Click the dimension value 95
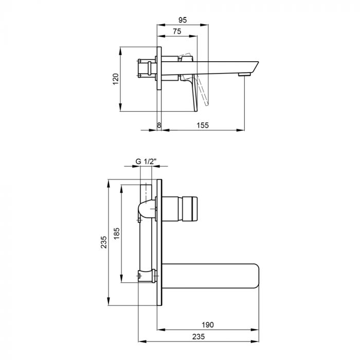pyautogui.click(x=183, y=20)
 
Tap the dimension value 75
pyautogui.click(x=177, y=31)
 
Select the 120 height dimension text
pyautogui.click(x=116, y=79)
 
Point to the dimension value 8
pyautogui.click(x=159, y=125)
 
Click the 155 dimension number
pyautogui.click(x=203, y=125)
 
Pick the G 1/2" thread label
pyautogui.click(x=146, y=161)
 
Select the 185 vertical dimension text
pyautogui.click(x=117, y=233)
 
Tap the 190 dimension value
pyautogui.click(x=208, y=325)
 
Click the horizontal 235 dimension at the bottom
pyautogui.click(x=199, y=336)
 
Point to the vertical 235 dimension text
pyautogui.click(x=104, y=242)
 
